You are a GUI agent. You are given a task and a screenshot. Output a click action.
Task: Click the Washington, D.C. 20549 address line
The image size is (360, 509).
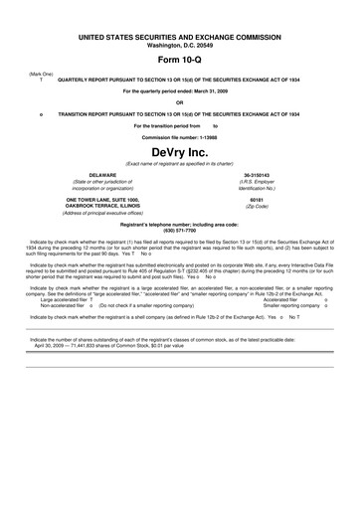180,45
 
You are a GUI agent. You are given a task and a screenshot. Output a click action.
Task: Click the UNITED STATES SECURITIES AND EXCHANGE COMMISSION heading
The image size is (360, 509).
180,37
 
